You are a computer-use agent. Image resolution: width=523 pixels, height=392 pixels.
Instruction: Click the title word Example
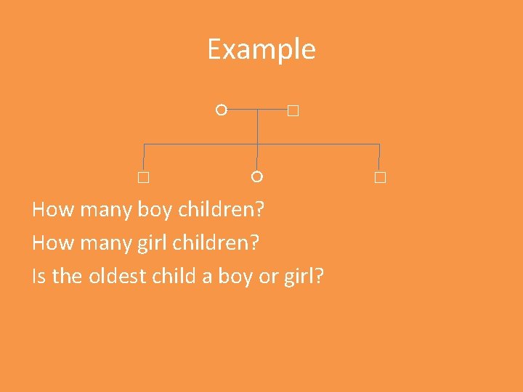pos(261,49)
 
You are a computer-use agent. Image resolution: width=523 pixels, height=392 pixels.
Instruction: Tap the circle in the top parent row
pos(222,110)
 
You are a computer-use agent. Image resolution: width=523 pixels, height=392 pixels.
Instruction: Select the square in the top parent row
pos(293,111)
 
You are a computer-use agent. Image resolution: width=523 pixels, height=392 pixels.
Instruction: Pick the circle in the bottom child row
pos(256,176)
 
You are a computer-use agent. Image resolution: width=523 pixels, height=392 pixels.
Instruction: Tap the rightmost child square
pos(380,178)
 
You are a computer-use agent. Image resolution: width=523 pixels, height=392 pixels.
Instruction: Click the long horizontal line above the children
pos(320,144)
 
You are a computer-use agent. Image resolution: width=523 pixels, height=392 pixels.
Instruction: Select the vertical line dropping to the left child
pos(144,158)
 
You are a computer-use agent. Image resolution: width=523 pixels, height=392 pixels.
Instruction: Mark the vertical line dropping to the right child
pos(379,158)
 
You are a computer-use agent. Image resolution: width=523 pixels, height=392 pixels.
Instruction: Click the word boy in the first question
pos(154,211)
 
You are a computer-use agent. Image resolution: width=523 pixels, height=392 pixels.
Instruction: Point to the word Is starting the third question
pos(39,276)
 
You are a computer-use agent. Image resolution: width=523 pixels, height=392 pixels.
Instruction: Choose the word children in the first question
pos(221,211)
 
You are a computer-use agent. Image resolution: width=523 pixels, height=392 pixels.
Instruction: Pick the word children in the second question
pos(214,243)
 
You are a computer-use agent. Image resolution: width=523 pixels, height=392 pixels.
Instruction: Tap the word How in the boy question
pos(53,211)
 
